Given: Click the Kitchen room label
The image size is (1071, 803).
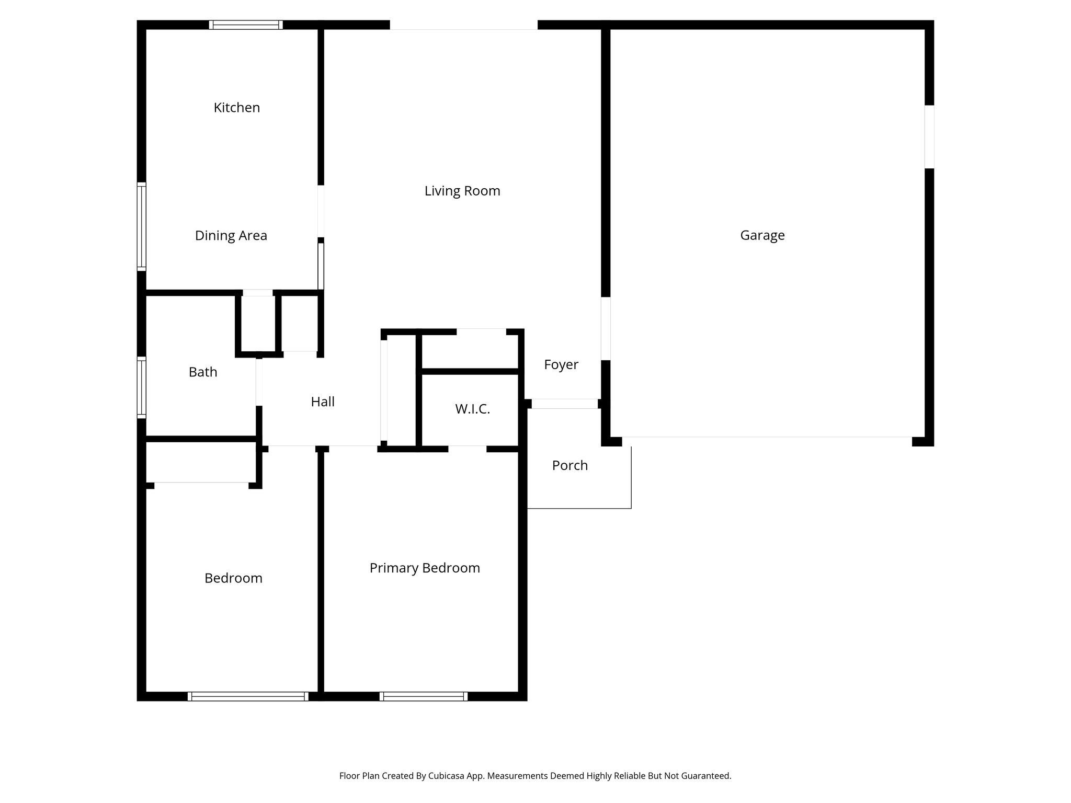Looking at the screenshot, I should point(236,108).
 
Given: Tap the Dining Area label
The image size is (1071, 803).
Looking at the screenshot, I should point(231,236).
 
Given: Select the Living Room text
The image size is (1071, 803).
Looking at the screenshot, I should point(462,191).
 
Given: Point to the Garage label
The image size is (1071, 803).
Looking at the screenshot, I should point(762,235).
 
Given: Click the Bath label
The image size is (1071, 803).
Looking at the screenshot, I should point(202,372).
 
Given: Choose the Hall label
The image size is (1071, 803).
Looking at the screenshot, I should point(322,402).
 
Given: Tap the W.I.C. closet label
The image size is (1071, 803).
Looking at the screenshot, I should point(472,409).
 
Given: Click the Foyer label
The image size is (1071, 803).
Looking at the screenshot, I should point(561,365).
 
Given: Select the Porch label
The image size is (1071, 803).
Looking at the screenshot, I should point(569,466).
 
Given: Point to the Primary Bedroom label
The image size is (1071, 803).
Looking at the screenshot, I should point(424,568).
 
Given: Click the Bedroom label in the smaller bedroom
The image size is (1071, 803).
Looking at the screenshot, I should point(233,578).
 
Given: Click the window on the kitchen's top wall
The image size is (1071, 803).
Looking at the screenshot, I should point(246,25).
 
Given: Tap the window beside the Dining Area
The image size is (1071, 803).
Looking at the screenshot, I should point(141,226).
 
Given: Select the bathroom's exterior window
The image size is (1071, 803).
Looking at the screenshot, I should point(141,387).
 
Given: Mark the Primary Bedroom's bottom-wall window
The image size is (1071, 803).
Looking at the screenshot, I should point(423,696).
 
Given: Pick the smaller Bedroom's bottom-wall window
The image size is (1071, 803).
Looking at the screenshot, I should point(248,696).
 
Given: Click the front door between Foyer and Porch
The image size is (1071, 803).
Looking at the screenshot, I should point(564,404).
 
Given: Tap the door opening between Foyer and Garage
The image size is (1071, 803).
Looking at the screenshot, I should point(606,329).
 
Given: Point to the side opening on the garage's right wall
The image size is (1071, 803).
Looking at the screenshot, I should point(929,137).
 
